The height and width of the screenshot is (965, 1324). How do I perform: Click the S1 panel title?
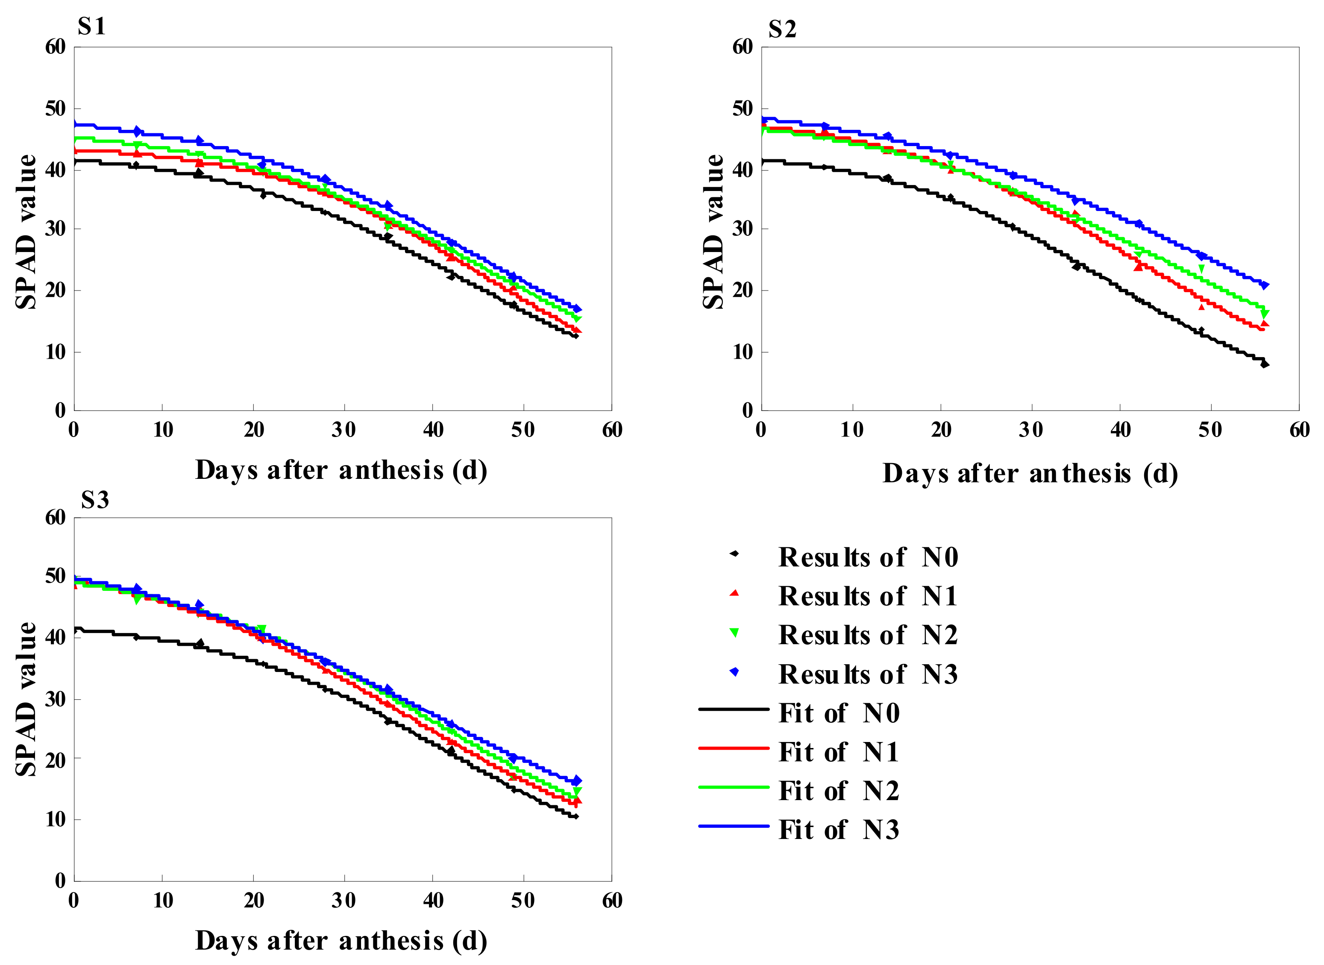tap(92, 27)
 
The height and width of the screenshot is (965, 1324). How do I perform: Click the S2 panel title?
tap(782, 29)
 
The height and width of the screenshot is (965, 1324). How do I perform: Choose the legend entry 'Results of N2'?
tap(868, 635)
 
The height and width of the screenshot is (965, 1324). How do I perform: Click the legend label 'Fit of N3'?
tap(839, 830)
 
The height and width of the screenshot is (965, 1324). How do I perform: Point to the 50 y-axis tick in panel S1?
tap(56, 109)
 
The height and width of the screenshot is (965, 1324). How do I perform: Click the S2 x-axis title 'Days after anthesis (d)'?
tap(1030, 473)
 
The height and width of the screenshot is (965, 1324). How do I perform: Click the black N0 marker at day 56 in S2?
tap(1265, 364)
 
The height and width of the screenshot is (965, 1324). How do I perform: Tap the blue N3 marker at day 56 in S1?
tap(577, 309)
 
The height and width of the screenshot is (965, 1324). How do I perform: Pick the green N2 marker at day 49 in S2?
tap(1201, 269)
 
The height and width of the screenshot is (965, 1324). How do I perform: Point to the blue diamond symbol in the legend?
tap(734, 672)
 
